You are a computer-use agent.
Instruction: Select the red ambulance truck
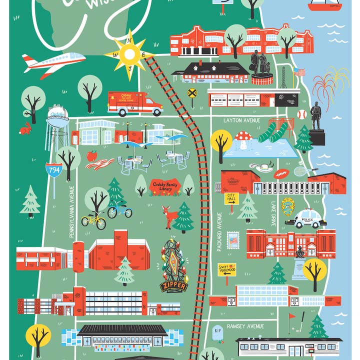pyautogui.click(x=134, y=103)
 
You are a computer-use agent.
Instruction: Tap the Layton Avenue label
pyautogui.click(x=242, y=120)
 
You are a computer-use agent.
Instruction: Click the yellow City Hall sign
pyautogui.click(x=231, y=199)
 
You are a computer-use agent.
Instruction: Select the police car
pyautogui.click(x=305, y=219)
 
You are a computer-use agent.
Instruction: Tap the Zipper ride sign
pyautogui.click(x=173, y=286)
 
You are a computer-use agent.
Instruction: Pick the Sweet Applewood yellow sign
pyautogui.click(x=226, y=269)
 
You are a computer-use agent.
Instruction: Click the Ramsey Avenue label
pyautogui.click(x=245, y=326)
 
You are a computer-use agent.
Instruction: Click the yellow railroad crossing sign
pyautogui.click(x=191, y=92)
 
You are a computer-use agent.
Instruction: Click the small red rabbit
pyautogui.click(x=24, y=129)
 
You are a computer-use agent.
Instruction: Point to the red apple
pyautogui.click(x=91, y=155)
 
